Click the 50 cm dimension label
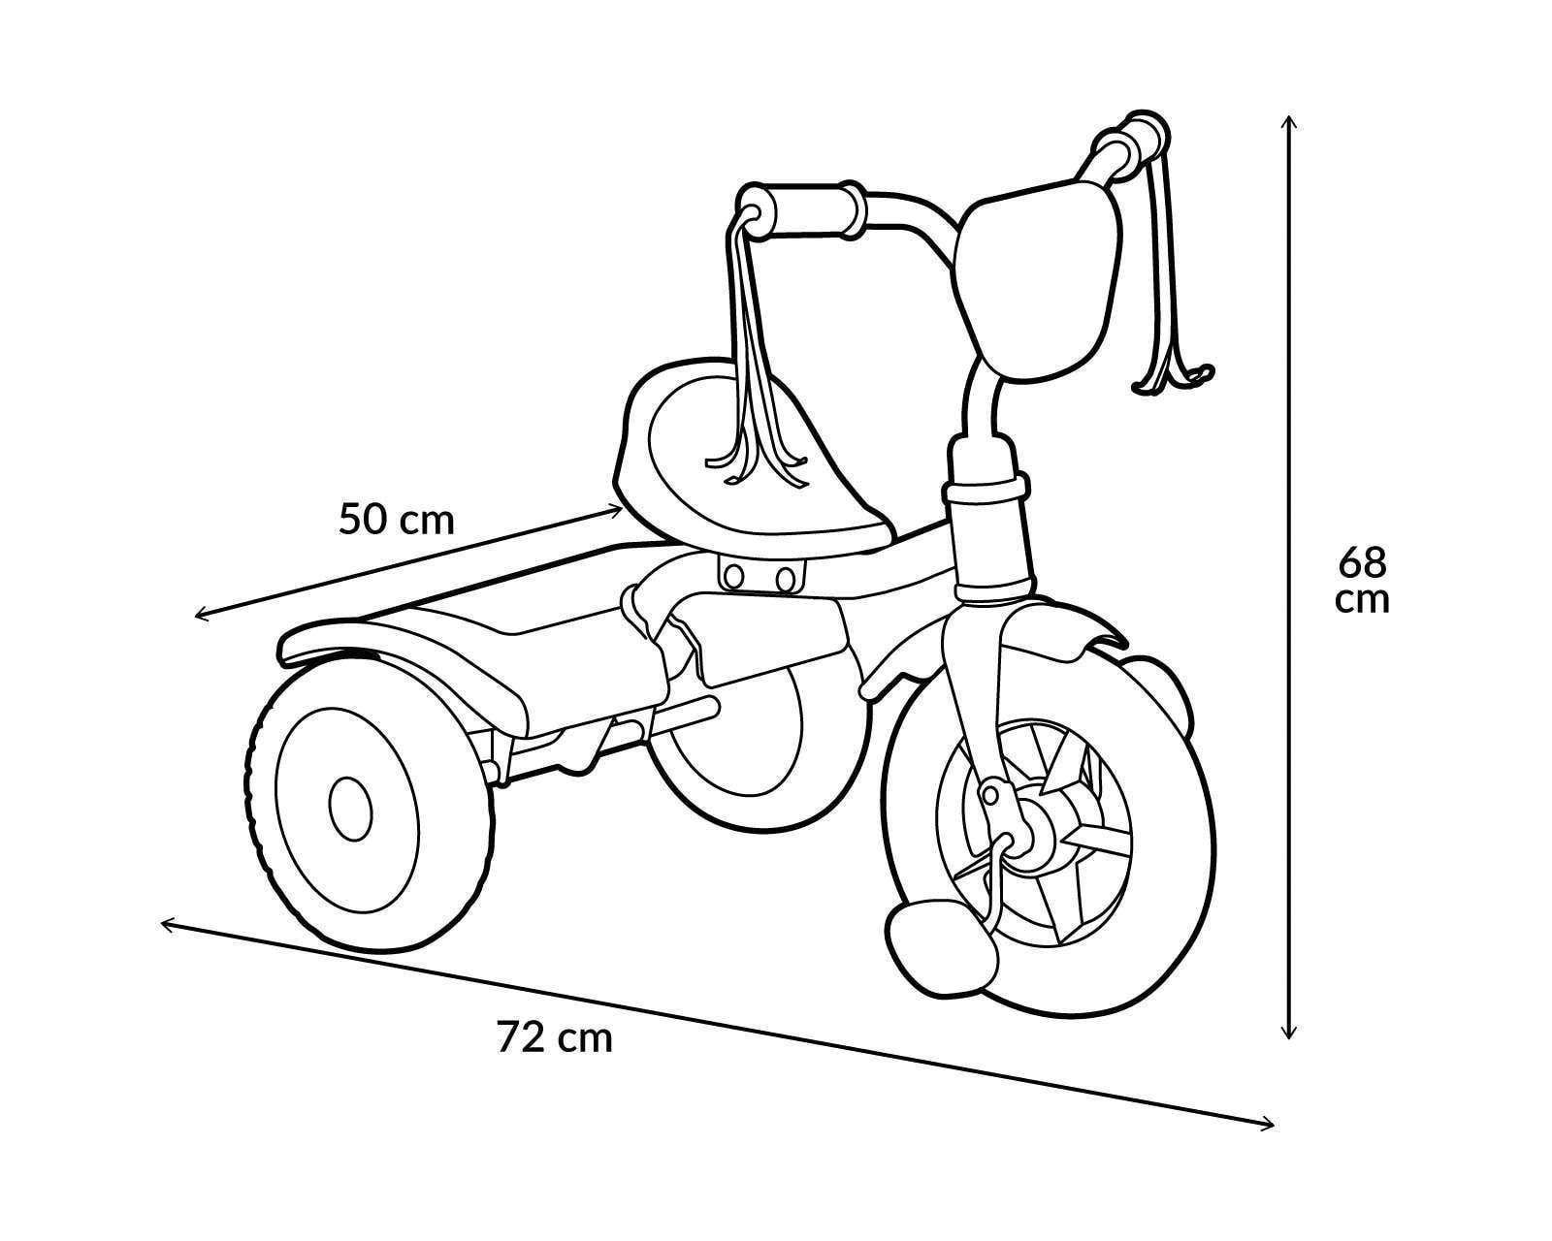coord(397,519)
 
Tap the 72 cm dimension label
coord(554,1037)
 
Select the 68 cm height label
coord(1362,581)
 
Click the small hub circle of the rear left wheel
coord(350,809)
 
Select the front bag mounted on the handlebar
coord(1038,277)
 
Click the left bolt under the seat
coord(734,576)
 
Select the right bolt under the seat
coord(785,578)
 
